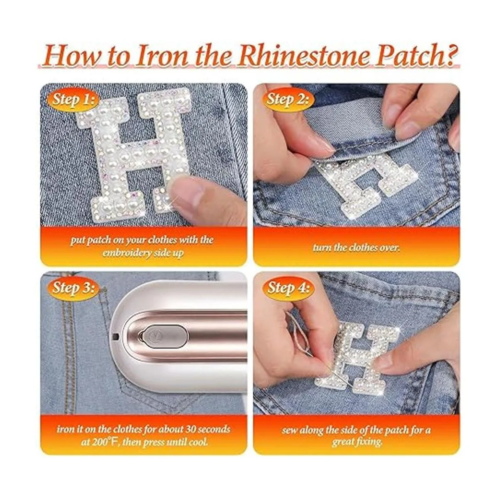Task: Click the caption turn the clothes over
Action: [356, 248]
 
